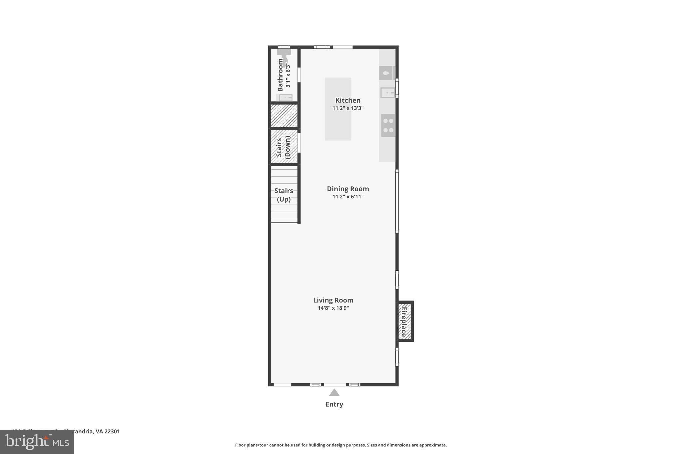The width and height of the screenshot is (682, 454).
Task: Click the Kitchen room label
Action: [348, 100]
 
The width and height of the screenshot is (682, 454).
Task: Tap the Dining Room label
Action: [348, 189]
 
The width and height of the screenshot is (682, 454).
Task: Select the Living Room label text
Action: [333, 300]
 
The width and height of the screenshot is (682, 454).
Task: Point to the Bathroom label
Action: [280, 75]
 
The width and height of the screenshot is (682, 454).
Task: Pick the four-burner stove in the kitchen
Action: [388, 126]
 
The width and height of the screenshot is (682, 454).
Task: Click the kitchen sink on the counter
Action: [387, 92]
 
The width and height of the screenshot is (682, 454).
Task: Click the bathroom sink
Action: [285, 98]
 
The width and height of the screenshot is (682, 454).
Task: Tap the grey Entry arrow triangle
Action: [334, 393]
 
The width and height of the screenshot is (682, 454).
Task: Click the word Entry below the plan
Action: [334, 404]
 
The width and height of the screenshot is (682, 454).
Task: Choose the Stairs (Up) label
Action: [284, 195]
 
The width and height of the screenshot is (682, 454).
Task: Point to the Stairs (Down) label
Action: [283, 147]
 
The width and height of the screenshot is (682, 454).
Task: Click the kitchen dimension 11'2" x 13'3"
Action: [348, 108]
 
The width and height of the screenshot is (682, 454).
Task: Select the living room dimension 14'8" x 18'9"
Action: [333, 308]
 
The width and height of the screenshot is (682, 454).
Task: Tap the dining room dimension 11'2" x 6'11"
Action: [348, 197]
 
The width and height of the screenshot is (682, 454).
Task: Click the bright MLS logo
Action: [37, 442]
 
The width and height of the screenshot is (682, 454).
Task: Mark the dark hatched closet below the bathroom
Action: [284, 116]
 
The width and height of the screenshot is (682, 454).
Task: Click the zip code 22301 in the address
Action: [112, 432]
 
